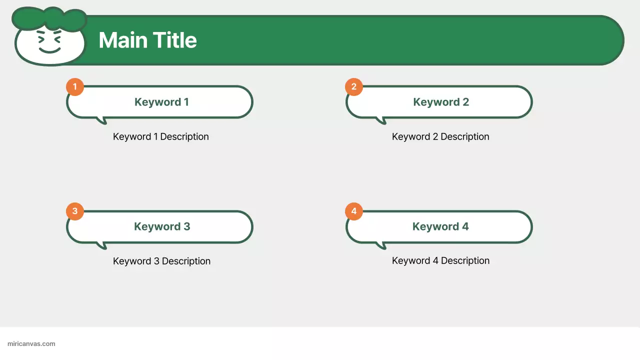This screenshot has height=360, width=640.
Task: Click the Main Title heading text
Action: (x=147, y=40)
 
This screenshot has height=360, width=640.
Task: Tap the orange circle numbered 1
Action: (x=75, y=86)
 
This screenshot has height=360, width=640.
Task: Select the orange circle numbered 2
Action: (x=354, y=86)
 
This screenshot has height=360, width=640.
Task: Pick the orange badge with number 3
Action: (x=75, y=211)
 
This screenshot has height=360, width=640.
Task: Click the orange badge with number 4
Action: (x=354, y=211)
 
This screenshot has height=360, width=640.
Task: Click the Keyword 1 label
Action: (x=161, y=102)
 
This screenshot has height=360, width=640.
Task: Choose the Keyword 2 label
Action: (x=441, y=102)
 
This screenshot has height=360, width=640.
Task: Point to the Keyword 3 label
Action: (x=162, y=226)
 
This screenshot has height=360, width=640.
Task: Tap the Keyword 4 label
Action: (x=440, y=226)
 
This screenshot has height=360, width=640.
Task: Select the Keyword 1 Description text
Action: (x=161, y=136)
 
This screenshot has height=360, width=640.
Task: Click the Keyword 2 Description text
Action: (x=440, y=136)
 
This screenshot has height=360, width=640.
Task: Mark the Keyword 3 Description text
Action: (x=161, y=261)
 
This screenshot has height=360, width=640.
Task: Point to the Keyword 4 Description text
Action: (x=440, y=260)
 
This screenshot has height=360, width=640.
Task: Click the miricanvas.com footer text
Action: (x=31, y=344)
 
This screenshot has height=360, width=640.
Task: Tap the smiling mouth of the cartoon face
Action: (x=49, y=50)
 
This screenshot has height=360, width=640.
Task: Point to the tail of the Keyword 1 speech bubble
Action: (x=102, y=120)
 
